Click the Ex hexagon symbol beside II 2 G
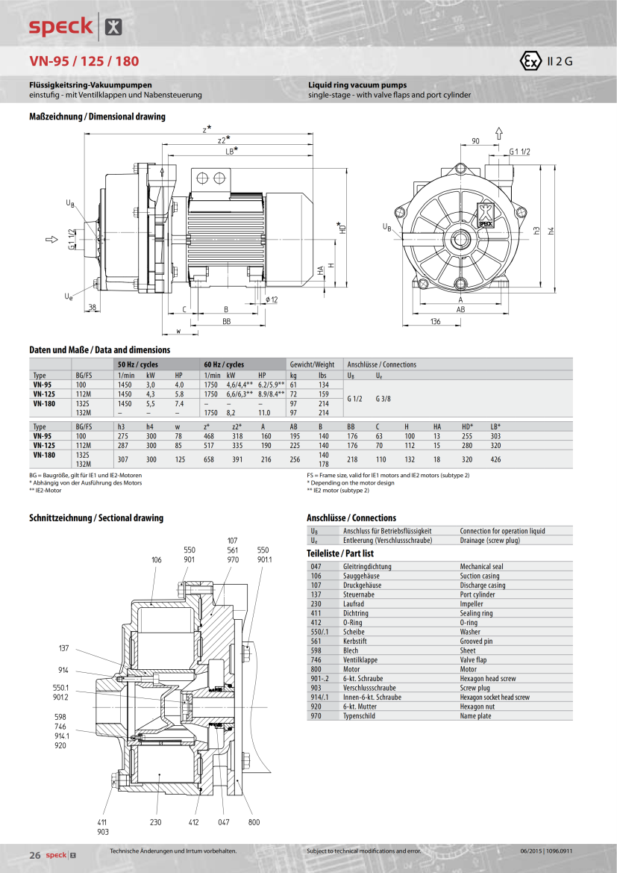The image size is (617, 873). coord(531,62)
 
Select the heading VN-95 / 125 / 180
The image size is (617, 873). coord(84,61)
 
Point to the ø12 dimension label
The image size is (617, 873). coord(272,299)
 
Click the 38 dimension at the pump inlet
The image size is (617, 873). coord(92,308)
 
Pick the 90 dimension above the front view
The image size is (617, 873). coord(475,141)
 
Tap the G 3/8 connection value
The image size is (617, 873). coord(383,398)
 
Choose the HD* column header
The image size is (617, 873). coord(467,426)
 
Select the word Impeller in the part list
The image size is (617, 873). coord(472,604)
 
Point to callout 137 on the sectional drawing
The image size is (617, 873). coord(63,648)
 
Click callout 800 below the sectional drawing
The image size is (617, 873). coord(254,822)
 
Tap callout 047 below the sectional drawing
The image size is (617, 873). coord(224,822)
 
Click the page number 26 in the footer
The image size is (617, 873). coord(34,854)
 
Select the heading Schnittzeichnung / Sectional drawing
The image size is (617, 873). coord(96,518)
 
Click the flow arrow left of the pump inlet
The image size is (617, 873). coord(51,240)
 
